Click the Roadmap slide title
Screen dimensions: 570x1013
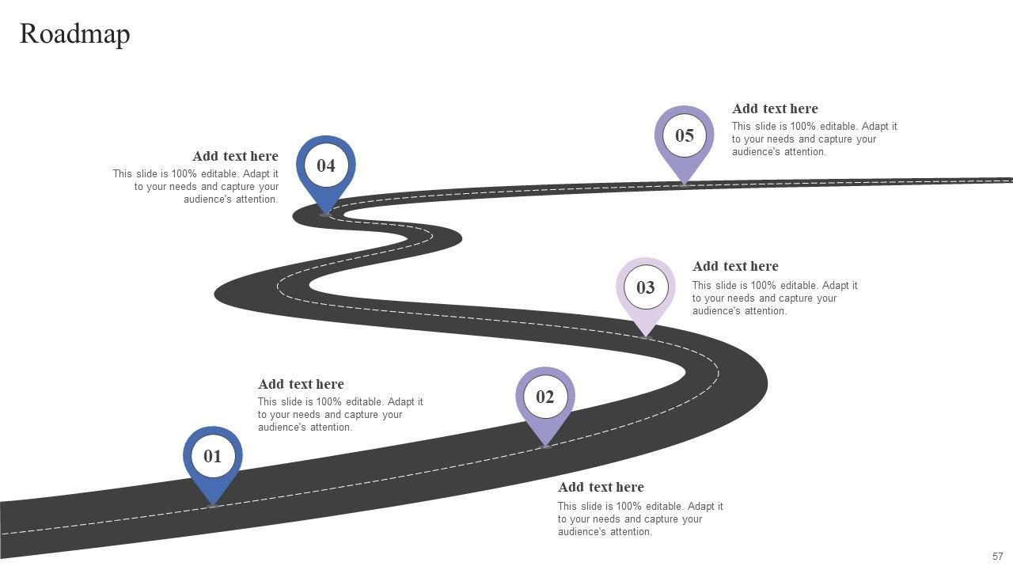(x=74, y=34)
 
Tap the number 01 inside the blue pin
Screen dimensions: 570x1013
(x=213, y=457)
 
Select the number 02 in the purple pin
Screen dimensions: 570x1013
(x=545, y=397)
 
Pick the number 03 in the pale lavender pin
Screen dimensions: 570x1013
(x=646, y=287)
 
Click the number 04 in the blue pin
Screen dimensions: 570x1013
(x=326, y=165)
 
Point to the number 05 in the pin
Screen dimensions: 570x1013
(x=685, y=135)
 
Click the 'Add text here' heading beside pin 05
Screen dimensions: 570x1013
(x=775, y=108)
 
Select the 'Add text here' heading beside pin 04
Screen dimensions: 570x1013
(x=235, y=156)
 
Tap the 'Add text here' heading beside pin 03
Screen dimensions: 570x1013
(x=735, y=266)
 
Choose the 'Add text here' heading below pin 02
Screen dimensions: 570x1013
(x=601, y=487)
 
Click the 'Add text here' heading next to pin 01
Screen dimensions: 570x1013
(x=301, y=384)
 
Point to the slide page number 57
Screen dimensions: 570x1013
(x=997, y=557)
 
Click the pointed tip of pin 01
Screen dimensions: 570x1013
(x=213, y=503)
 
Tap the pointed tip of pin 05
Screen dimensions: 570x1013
(x=685, y=183)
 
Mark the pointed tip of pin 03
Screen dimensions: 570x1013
(x=646, y=336)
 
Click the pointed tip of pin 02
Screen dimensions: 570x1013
(x=545, y=446)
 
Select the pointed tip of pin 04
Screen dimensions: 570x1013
(x=325, y=212)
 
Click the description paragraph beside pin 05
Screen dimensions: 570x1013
(x=814, y=139)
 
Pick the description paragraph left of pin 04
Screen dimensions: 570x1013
(x=195, y=187)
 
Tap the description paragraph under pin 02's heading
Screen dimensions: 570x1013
(x=640, y=519)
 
